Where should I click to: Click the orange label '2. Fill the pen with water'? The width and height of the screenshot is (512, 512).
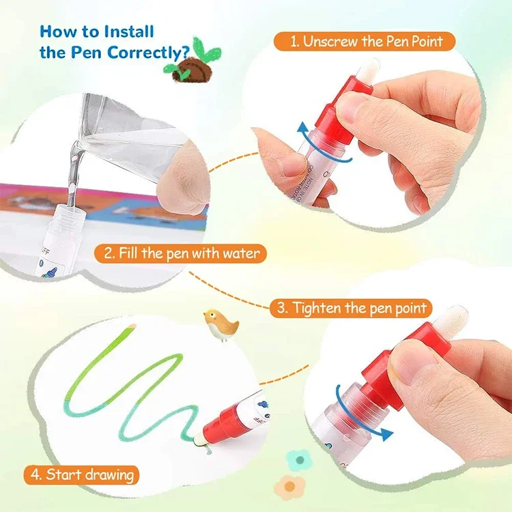point(182,254)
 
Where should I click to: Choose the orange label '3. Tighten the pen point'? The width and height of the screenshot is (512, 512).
point(352,308)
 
